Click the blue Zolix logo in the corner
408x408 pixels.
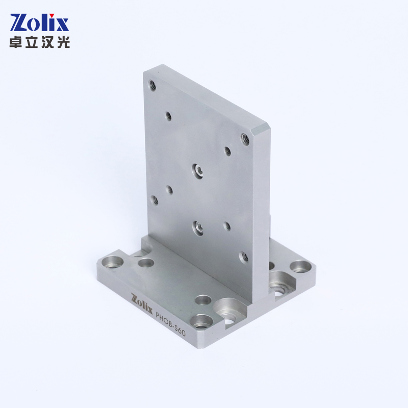40,22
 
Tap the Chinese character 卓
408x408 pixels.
16,42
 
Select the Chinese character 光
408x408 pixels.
63,42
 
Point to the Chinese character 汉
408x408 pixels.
47,42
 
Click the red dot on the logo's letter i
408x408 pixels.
52,15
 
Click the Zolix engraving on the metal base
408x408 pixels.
142,303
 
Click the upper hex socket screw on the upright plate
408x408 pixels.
198,171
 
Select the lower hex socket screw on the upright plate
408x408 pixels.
198,227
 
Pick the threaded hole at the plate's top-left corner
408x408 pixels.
152,85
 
